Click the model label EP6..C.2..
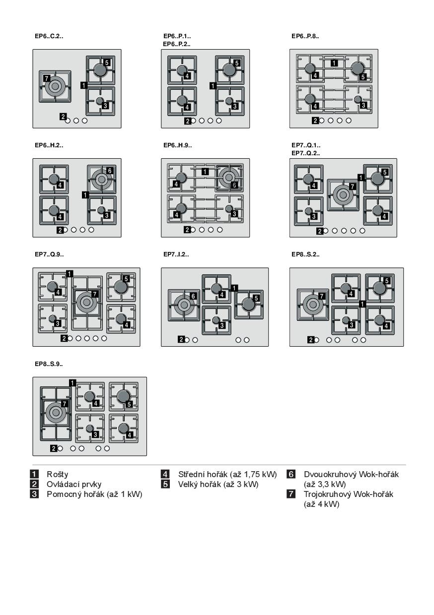coord(49,36)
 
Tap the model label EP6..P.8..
coord(305,36)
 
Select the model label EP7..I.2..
coord(176,254)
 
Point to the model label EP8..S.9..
coord(49,364)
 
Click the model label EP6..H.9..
coord(177,145)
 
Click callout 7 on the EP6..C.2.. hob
coord(47,78)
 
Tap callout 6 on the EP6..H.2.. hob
coord(110,171)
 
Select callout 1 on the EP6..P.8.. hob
coord(334,63)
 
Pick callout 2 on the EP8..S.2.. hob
coord(311,340)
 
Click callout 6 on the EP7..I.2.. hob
coord(193,296)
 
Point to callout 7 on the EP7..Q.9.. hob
coord(95,294)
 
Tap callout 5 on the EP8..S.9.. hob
coord(129,404)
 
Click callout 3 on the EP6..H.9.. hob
coord(234,214)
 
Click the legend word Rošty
coord(57,474)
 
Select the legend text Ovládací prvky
coord(74,484)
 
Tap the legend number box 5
coord(165,484)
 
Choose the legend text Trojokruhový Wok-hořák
coord(348,494)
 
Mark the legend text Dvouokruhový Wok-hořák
coord(351,474)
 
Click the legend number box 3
coord(34,494)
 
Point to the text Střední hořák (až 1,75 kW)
coord(227,474)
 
